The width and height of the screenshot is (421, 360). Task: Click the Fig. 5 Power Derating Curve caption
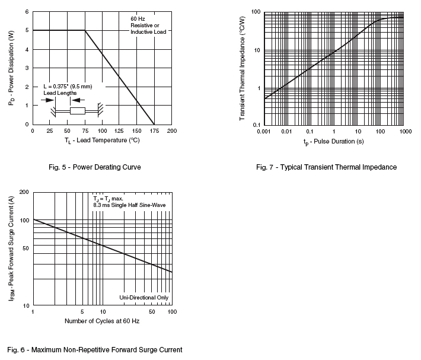(x=95, y=167)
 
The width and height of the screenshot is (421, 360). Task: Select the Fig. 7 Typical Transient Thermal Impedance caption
(x=326, y=167)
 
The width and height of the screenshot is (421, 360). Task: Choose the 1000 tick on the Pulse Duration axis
(x=405, y=131)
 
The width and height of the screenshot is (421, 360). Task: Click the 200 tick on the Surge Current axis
(x=25, y=193)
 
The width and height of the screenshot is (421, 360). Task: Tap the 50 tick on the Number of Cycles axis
(x=151, y=312)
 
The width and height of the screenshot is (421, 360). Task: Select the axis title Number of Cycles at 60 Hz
(x=102, y=321)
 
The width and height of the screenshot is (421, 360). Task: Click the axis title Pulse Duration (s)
(x=333, y=142)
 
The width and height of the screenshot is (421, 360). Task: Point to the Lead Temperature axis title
(x=102, y=140)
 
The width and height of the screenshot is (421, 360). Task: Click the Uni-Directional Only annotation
(x=144, y=297)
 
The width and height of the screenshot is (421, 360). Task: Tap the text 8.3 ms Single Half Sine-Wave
(x=129, y=205)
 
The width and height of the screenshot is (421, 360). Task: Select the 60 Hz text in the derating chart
(x=138, y=18)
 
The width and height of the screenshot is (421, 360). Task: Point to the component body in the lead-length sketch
(x=78, y=111)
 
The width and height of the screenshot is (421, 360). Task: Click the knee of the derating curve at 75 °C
(x=85, y=30)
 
